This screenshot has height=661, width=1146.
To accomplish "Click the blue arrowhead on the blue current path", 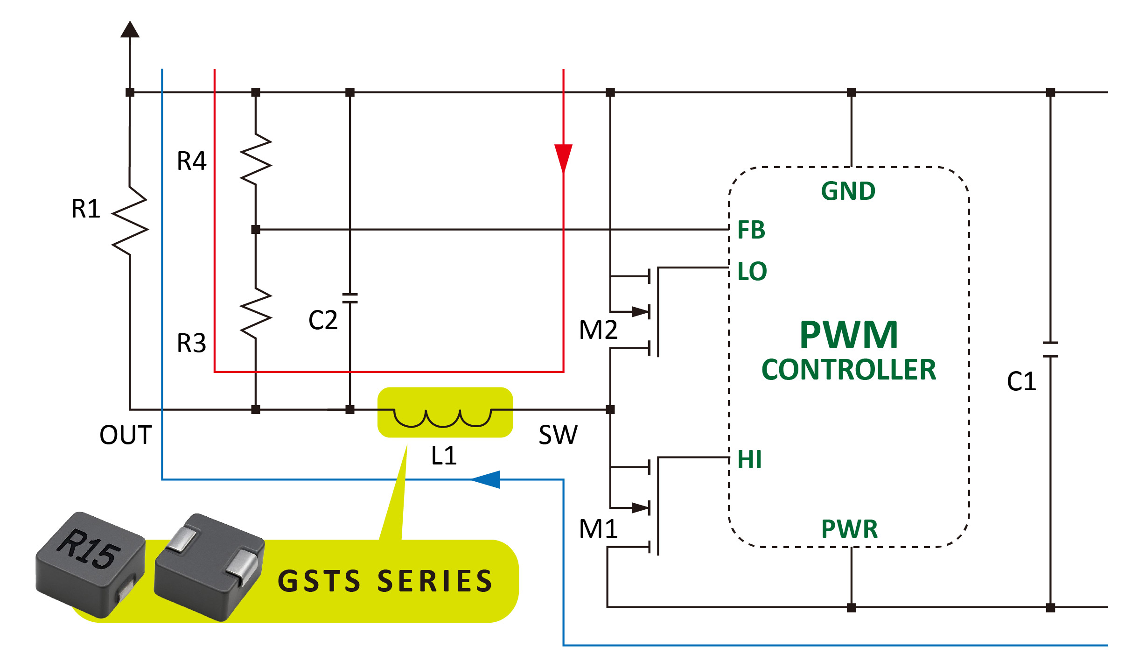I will (x=487, y=479).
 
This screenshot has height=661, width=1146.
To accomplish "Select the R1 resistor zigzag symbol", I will (x=130, y=220).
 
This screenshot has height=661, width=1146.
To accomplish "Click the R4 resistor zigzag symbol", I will (x=256, y=159).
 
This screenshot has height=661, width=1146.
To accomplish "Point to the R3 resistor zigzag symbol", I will (x=256, y=313).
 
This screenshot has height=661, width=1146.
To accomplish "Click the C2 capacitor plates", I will (x=350, y=298).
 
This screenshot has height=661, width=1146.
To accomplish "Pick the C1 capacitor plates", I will (x=1050, y=350).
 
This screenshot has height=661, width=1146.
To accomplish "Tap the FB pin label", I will (x=751, y=230).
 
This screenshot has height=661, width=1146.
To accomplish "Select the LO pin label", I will (x=752, y=271).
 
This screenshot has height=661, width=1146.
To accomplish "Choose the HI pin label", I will (x=749, y=459).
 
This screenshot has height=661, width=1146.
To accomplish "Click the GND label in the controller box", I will (x=848, y=191).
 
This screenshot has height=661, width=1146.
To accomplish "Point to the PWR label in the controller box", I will (x=849, y=529).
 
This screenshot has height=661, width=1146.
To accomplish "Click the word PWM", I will (x=849, y=335).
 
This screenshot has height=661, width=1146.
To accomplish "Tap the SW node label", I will (x=558, y=435).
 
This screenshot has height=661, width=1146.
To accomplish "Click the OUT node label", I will (x=126, y=435).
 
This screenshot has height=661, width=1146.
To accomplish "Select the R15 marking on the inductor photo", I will (x=89, y=549).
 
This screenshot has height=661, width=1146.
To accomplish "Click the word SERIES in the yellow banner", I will (x=435, y=581).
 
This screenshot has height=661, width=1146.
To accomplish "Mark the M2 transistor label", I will (x=598, y=330).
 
